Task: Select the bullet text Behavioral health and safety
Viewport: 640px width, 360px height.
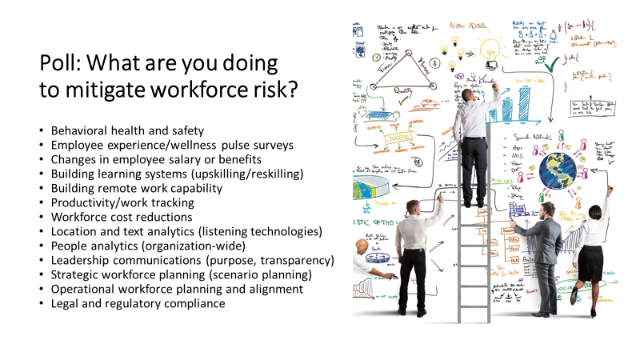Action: tap(128, 130)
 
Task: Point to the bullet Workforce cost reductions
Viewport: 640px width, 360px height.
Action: tap(122, 217)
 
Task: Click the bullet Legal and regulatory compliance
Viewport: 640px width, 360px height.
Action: tap(138, 303)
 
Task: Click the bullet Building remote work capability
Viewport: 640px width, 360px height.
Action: tap(137, 188)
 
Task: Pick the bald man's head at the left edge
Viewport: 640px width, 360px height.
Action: tap(361, 246)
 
